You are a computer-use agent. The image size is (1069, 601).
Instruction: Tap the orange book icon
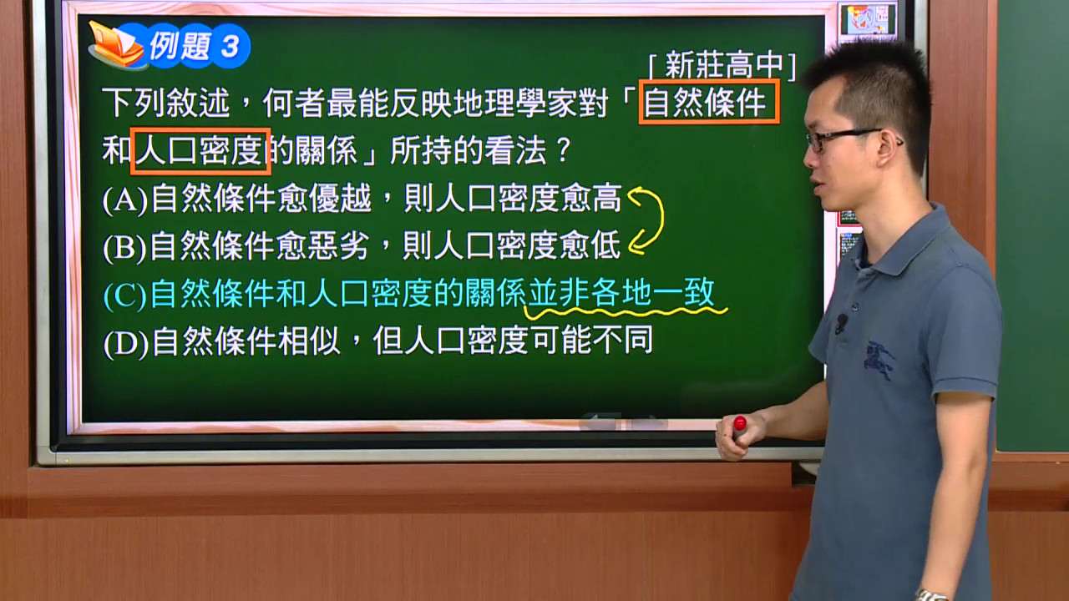[116, 45]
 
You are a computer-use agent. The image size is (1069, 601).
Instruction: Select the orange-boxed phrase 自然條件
[709, 102]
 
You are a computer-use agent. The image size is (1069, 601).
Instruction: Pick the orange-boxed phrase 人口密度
[201, 151]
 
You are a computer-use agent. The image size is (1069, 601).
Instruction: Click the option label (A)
[125, 199]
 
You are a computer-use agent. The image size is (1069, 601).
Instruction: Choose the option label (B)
[124, 247]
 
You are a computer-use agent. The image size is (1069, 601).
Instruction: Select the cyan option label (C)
[125, 295]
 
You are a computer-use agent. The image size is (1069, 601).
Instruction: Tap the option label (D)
[126, 342]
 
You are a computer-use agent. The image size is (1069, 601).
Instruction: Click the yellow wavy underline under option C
[626, 312]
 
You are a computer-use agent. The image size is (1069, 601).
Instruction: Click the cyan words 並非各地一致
[621, 292]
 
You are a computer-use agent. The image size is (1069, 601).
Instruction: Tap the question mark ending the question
[563, 149]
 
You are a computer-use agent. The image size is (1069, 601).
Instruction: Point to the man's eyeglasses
[849, 139]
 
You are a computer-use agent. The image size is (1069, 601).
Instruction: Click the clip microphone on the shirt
[841, 322]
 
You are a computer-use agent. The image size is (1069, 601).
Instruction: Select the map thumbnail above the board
[868, 19]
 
